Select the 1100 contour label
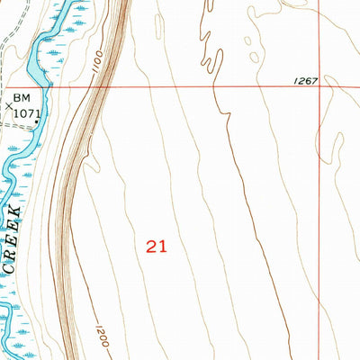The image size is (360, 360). pos(95,64)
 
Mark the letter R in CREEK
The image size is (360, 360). pos(12,256)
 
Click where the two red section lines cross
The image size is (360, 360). pos(321,87)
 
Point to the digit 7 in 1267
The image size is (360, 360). pos(315,80)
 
